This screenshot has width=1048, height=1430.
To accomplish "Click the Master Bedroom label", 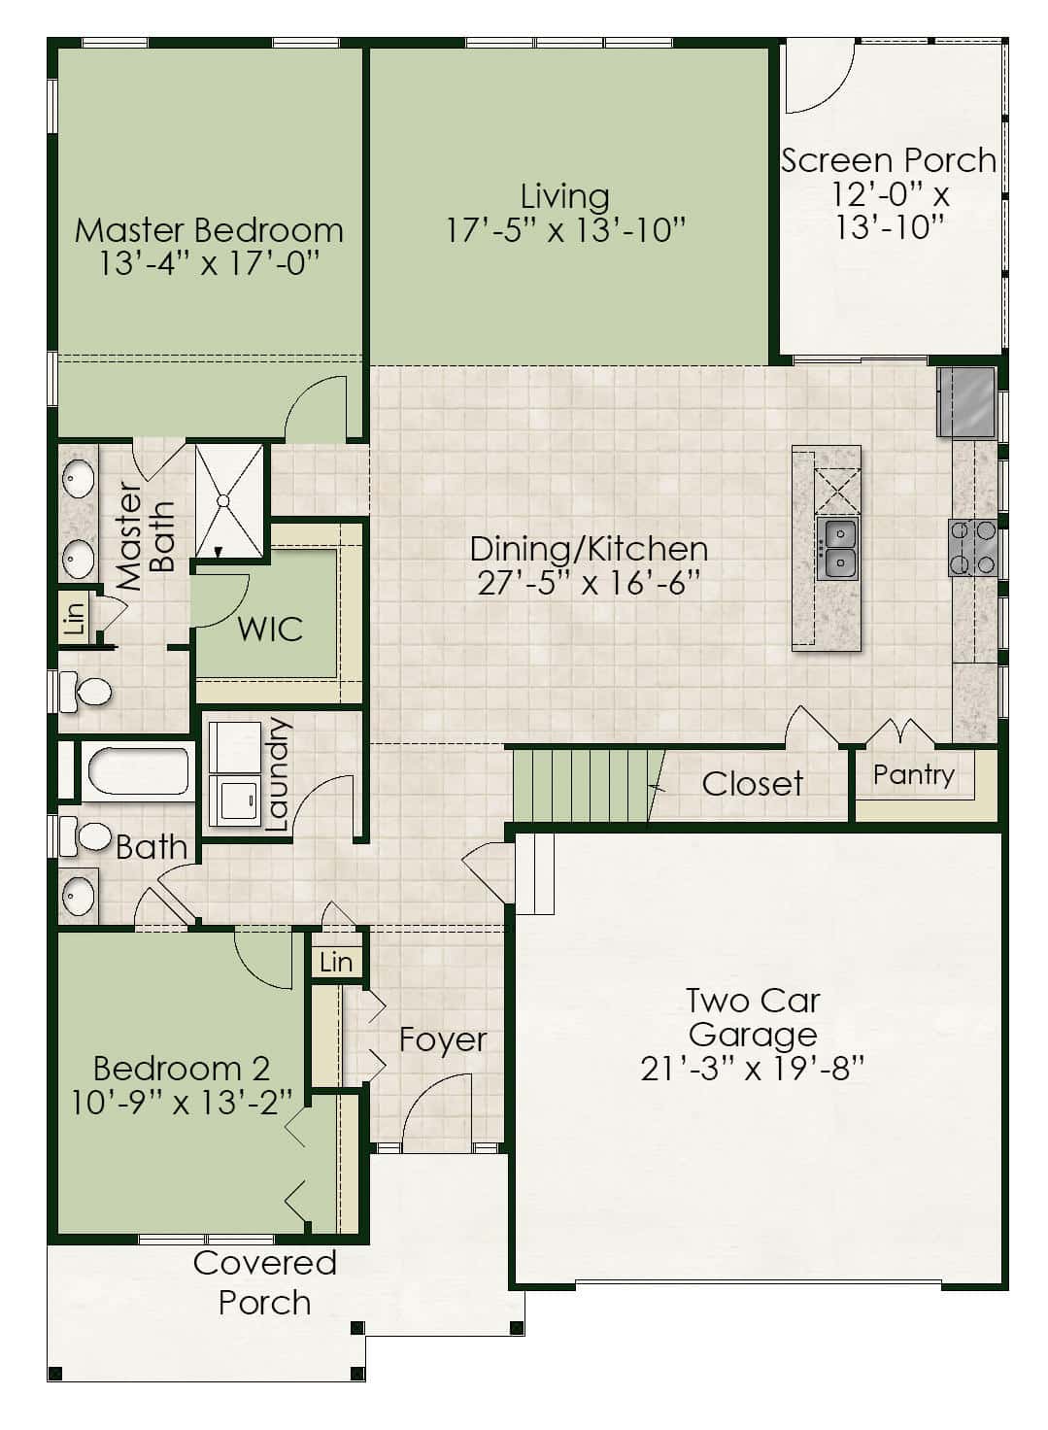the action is [x=209, y=230].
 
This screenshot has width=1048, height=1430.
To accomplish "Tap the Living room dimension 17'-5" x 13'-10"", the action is [x=564, y=230].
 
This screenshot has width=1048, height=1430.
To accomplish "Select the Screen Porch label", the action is [x=889, y=160].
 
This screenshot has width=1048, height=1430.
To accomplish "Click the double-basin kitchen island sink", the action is [x=837, y=548].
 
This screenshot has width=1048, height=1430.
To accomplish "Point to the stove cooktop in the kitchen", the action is [x=972, y=548].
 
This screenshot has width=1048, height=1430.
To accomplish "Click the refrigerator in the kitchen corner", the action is [x=966, y=402].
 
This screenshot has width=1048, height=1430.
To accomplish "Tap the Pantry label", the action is [x=913, y=775].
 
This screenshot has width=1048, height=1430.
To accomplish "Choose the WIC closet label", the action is [x=270, y=629].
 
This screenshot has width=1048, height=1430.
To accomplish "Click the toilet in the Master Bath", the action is [x=85, y=691].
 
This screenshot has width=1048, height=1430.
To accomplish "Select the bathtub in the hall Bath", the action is [x=138, y=770].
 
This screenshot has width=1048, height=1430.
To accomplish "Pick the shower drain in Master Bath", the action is [x=222, y=502].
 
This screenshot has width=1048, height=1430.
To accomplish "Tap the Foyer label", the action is [x=442, y=1040].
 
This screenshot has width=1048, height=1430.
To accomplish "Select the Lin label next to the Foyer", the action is [x=336, y=962].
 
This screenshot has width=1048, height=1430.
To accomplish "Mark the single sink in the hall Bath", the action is [x=79, y=895].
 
